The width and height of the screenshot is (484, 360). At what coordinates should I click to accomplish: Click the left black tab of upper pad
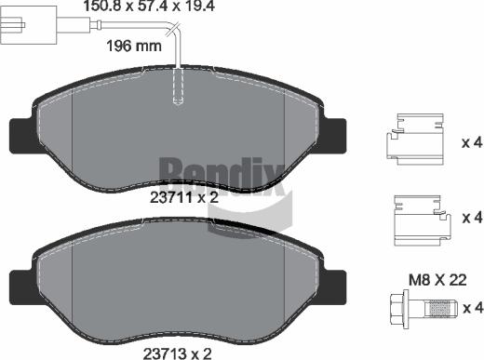coord(20,134)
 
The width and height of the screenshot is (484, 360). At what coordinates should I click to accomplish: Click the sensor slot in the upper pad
coord(176,91)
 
